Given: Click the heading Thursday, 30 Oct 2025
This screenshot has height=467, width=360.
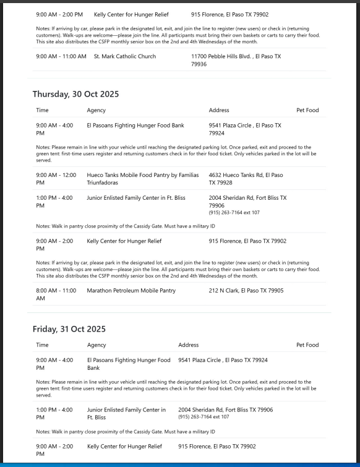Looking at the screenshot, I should tap(75, 94).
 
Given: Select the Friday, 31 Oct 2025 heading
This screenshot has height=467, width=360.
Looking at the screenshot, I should tap(69, 328).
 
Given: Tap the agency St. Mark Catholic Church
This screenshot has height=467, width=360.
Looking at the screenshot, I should tap(125, 56).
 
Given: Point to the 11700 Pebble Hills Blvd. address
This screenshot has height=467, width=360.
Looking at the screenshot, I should tap(236, 60).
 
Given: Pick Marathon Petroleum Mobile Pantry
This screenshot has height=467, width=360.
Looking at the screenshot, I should tap(131, 290).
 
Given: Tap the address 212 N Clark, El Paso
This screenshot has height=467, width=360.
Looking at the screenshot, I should tap(246, 290).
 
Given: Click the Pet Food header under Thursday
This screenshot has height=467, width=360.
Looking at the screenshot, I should tap(307, 110).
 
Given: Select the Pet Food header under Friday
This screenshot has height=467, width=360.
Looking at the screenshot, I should tap(307, 345).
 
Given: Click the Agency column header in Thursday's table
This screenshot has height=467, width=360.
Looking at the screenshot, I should tap(96, 110).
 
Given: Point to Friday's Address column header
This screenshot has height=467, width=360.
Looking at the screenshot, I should tap(188, 345).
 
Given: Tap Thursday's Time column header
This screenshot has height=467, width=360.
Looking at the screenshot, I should tap(42, 110).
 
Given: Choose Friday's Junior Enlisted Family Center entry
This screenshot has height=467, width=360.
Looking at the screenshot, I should tap(126, 413).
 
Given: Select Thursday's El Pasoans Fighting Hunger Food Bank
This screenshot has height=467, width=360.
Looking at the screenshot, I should tap(135, 125).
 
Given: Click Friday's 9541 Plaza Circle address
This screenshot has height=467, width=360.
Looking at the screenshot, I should tap(223, 359).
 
